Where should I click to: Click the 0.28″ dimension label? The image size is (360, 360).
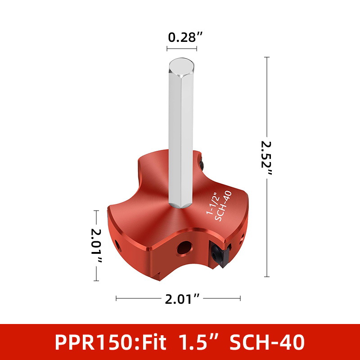[185, 37]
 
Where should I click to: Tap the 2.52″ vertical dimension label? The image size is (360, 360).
[266, 158]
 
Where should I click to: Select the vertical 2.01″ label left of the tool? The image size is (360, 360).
[96, 245]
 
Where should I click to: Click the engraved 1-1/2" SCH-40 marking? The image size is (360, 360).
[219, 206]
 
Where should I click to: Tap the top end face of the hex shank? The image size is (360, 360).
[181, 66]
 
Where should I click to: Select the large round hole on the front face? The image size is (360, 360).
[184, 248]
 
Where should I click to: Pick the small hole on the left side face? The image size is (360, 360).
[118, 245]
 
